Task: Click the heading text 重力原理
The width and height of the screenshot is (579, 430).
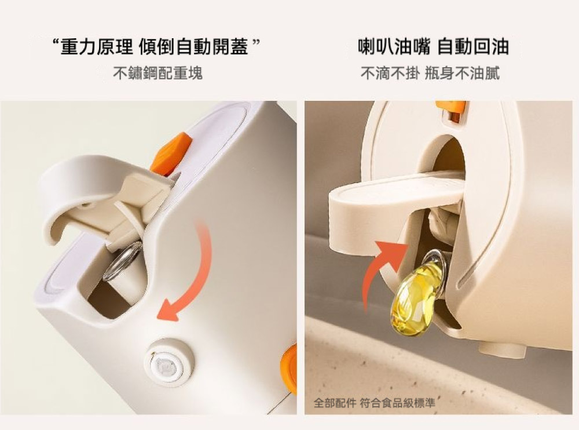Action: tap(96, 47)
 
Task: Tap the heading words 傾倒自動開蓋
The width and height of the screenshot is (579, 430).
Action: tap(194, 47)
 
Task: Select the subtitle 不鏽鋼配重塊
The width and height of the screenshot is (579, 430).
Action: tap(157, 73)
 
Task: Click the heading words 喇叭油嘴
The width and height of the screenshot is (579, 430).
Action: tap(394, 47)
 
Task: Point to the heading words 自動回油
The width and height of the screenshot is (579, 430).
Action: tap(474, 47)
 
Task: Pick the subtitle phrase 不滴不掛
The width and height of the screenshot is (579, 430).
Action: tap(390, 73)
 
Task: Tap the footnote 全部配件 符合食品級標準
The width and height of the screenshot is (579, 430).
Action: tap(375, 402)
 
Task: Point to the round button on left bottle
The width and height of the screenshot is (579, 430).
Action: tap(170, 362)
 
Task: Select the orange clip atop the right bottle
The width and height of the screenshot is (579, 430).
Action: tap(451, 111)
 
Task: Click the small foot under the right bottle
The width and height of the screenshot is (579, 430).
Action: tap(502, 349)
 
